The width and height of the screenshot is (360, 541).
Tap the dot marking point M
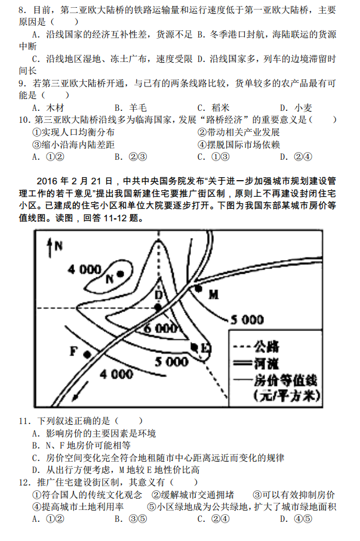(x=199, y=288)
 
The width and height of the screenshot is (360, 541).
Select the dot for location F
(x=87, y=354)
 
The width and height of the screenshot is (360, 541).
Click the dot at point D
(x=159, y=307)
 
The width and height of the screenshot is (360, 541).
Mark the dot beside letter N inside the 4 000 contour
(x=120, y=274)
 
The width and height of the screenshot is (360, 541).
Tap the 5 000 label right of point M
(x=247, y=320)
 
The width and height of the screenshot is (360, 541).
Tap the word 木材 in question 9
(x=56, y=108)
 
